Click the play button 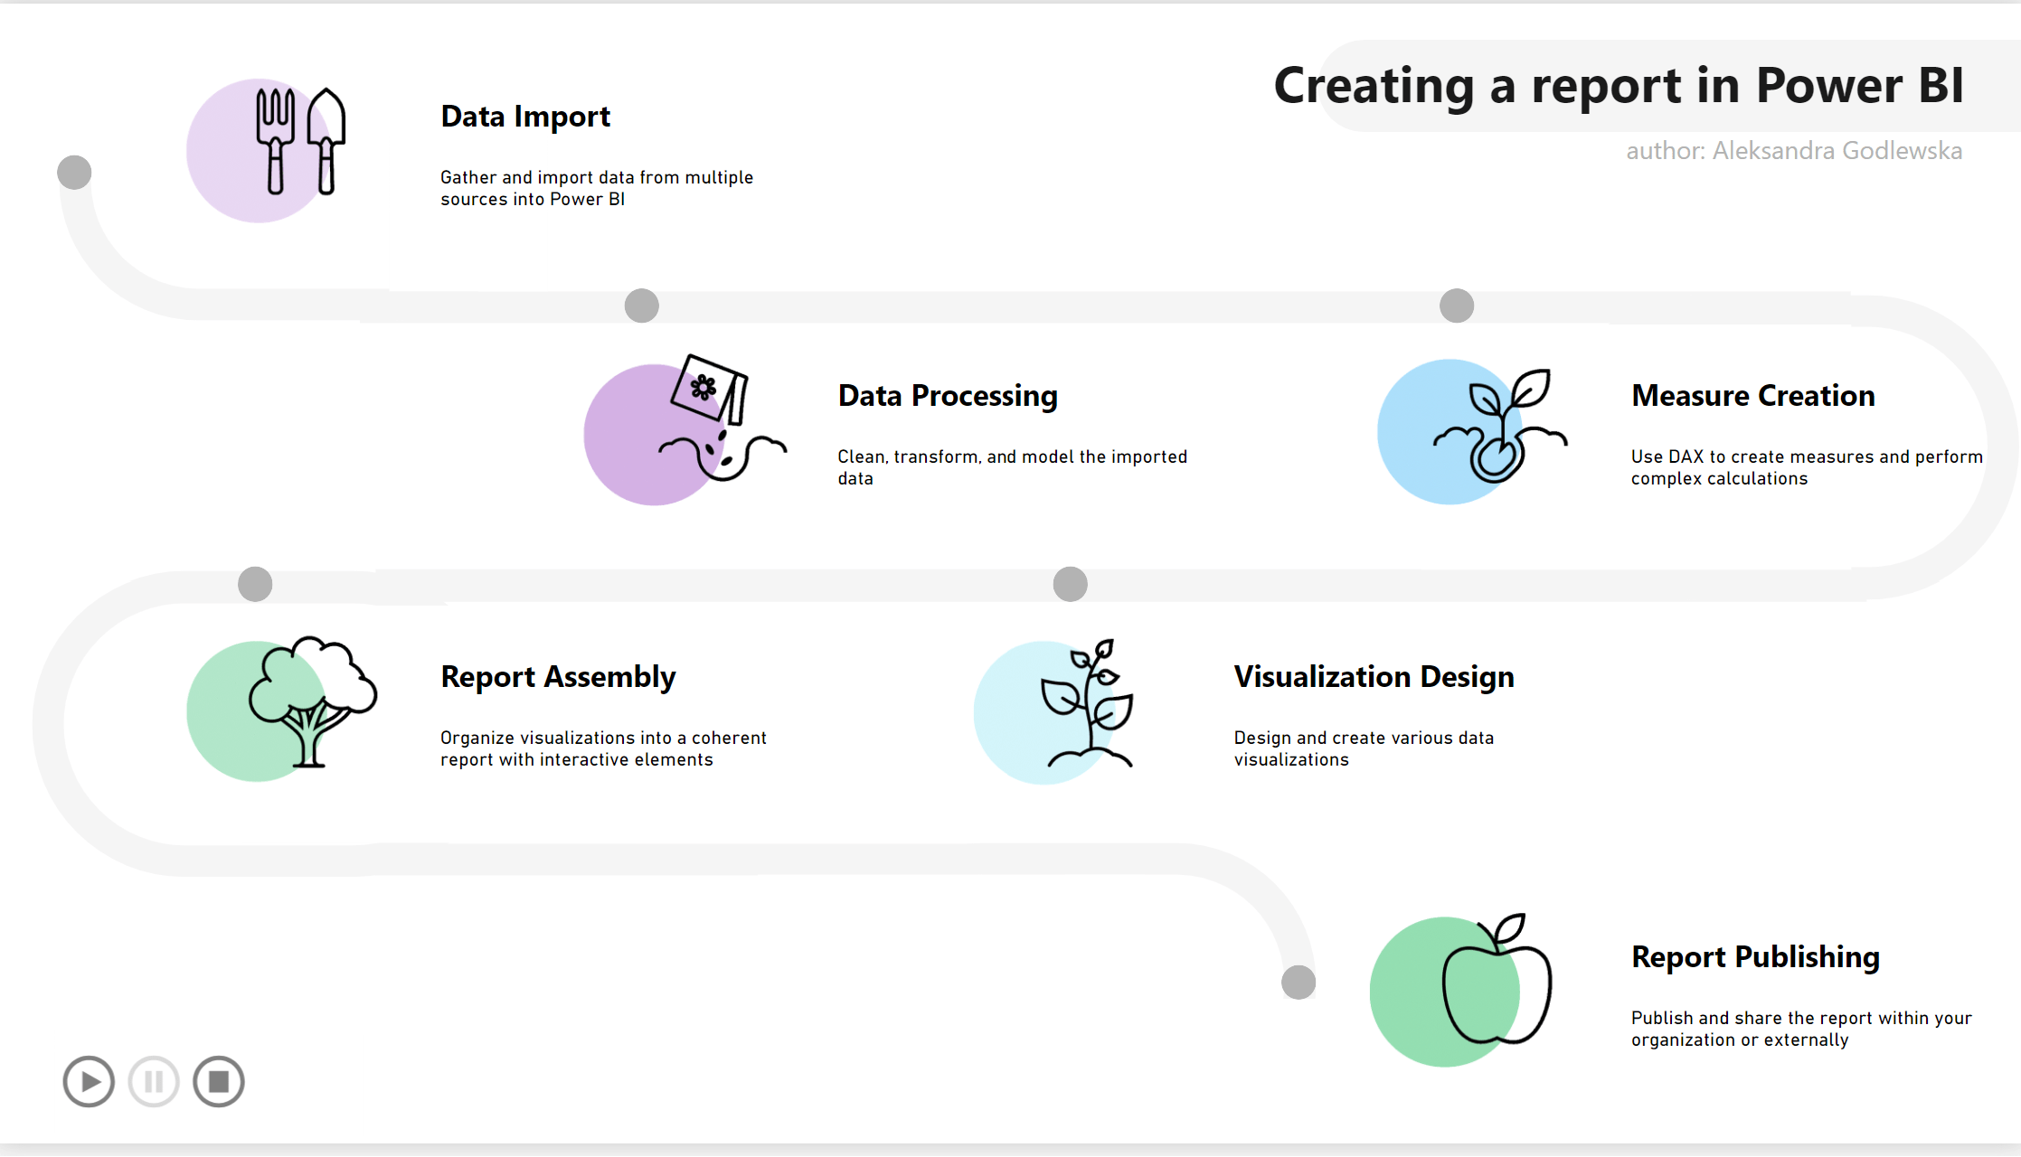coord(89,1081)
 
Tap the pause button coord(154,1081)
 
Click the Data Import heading coord(525,117)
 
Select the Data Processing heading coord(948,396)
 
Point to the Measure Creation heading coord(1752,396)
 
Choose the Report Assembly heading coord(558,677)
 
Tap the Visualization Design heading coord(1374,677)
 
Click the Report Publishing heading coord(1755,957)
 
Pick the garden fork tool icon coord(275,140)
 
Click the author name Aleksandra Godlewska coord(1837,151)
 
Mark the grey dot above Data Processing coord(642,306)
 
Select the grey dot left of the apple coord(1299,983)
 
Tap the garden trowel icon coord(326,140)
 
